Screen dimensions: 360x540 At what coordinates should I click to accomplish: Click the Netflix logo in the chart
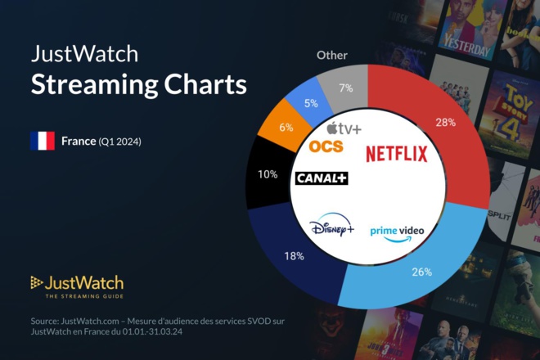(396, 153)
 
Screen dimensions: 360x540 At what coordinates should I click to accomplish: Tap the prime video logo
(397, 232)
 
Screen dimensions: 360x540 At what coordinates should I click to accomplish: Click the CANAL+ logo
(322, 178)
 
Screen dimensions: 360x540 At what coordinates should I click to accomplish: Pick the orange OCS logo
(326, 146)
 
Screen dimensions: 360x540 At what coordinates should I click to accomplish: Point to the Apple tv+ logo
(344, 128)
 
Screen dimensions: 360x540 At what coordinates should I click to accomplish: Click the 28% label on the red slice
(447, 123)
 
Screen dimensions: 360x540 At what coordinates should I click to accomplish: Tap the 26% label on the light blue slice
(421, 272)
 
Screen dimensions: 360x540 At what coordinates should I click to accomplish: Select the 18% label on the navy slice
(294, 256)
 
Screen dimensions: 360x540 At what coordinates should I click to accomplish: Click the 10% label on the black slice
(267, 174)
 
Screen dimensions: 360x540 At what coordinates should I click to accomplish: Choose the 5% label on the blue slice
(311, 104)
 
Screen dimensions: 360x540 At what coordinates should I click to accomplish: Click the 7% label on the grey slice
(344, 87)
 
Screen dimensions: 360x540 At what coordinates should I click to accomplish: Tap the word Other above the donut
(332, 56)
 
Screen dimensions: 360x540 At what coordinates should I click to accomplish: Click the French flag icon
(42, 141)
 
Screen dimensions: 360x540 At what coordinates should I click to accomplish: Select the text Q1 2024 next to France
(120, 142)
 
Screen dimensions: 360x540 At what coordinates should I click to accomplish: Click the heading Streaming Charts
(138, 84)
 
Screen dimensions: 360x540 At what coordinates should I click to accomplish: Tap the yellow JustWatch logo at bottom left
(77, 286)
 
